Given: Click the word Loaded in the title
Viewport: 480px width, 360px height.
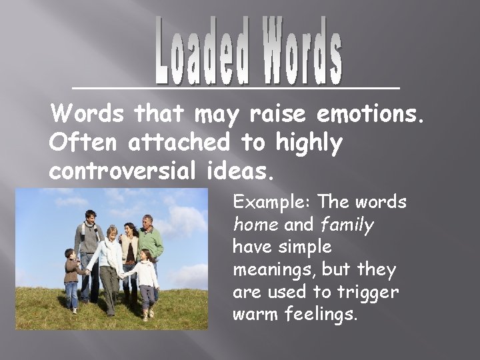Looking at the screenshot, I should pos(201,51).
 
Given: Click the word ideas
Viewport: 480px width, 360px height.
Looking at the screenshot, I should pos(236,171).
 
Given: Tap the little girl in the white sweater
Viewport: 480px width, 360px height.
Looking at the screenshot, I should pos(144,280).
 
